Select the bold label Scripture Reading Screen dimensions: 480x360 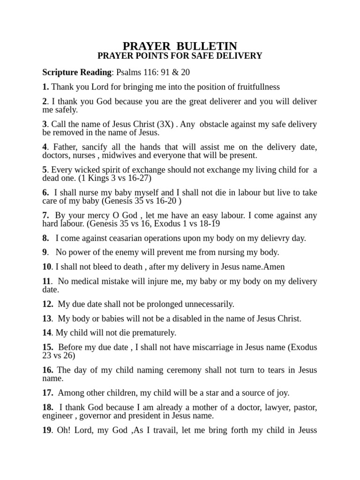coord(76,73)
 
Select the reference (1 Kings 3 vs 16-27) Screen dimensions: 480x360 coord(119,178)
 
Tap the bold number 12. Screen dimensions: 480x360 coord(47,304)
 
